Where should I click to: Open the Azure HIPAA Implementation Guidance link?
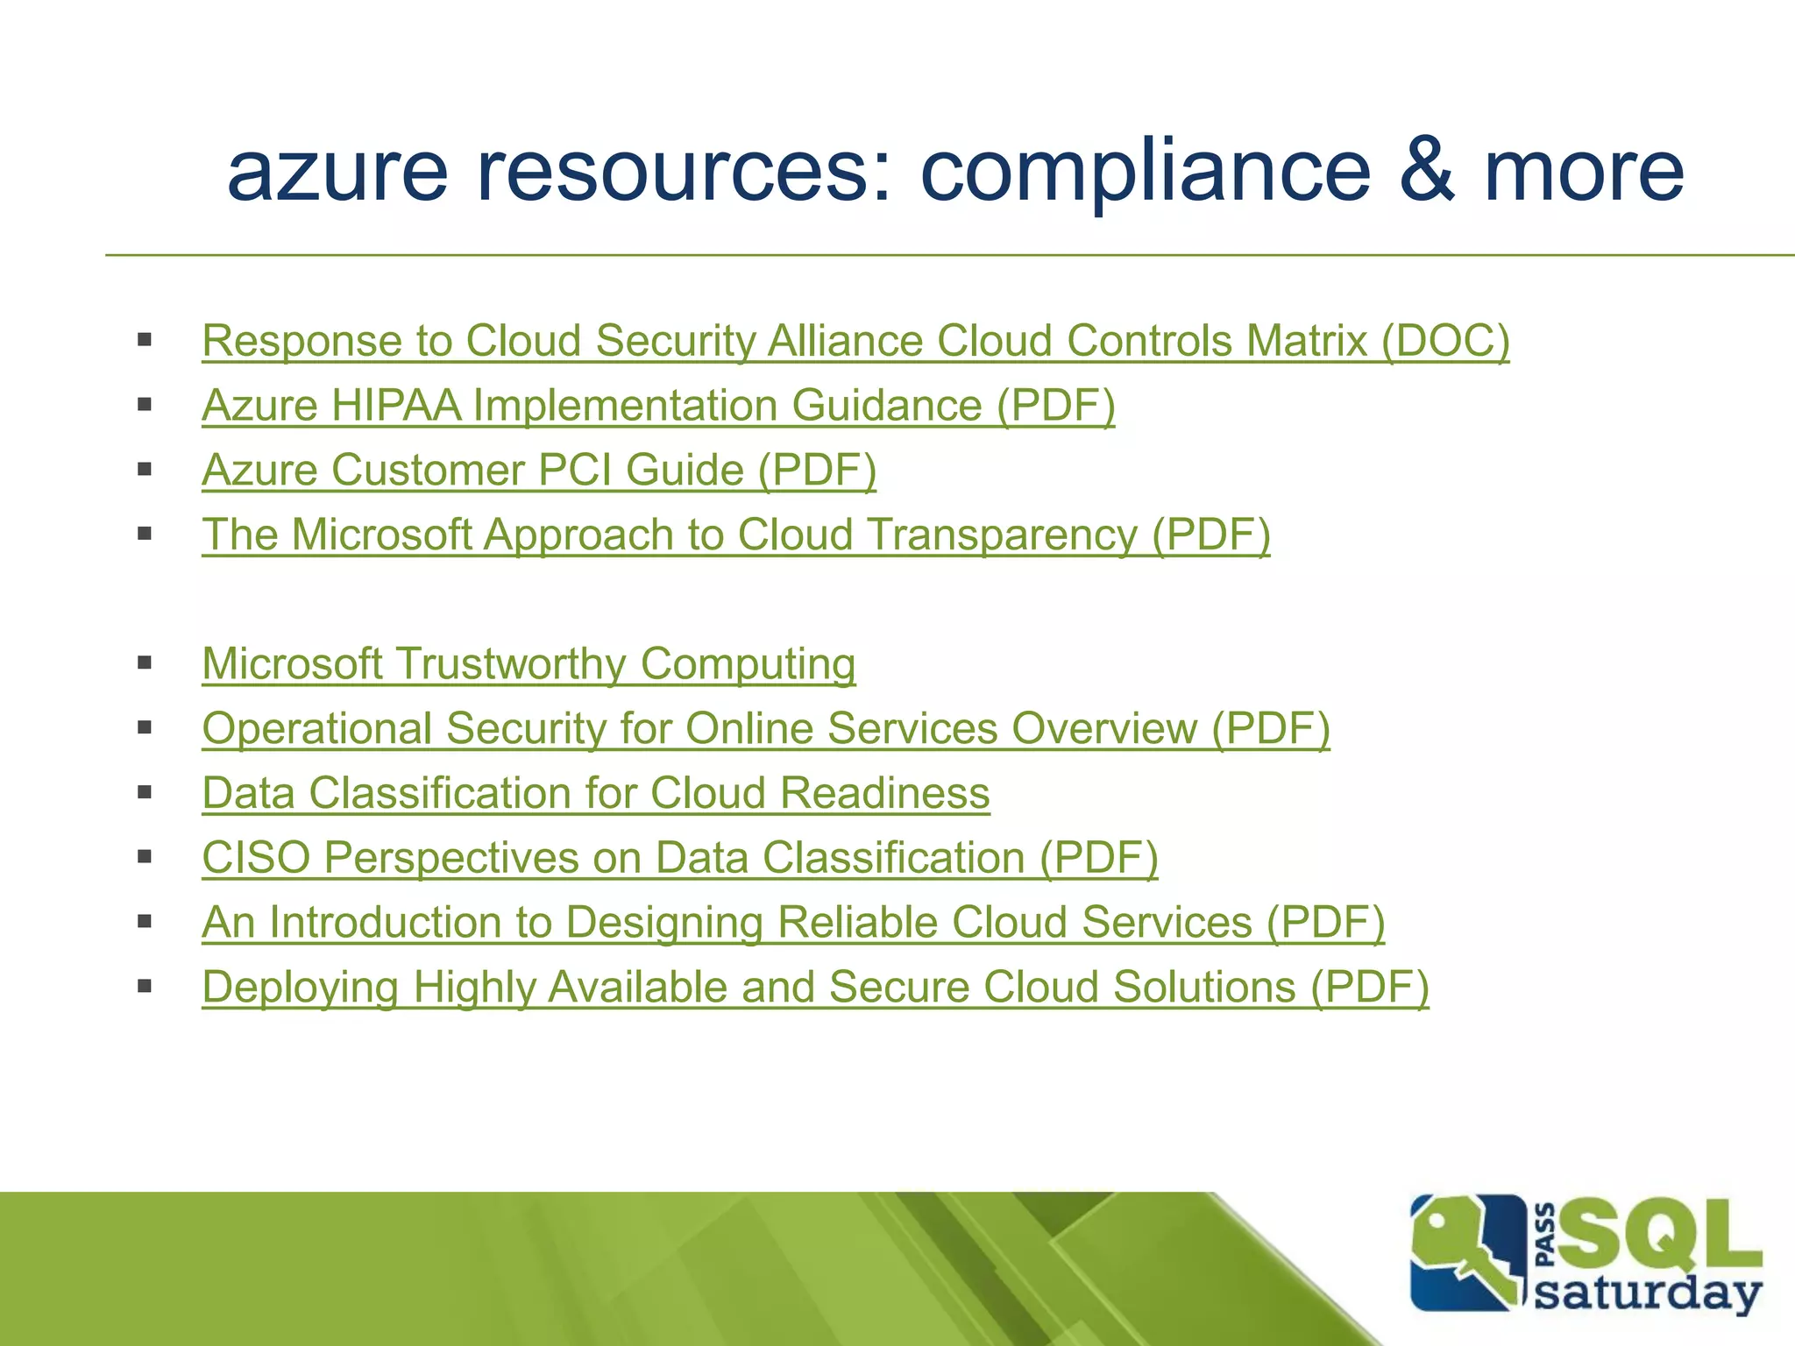pyautogui.click(x=658, y=405)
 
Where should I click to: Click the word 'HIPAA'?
pyautogui.click(x=396, y=405)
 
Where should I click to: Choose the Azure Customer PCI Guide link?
pyautogui.click(x=539, y=470)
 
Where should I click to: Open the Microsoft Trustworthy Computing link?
pyautogui.click(x=529, y=663)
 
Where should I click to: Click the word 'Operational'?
pyautogui.click(x=317, y=728)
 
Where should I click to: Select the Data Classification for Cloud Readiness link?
pyautogui.click(x=596, y=793)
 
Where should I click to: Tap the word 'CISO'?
pyautogui.click(x=256, y=858)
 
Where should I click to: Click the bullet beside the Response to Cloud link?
pyautogui.click(x=145, y=340)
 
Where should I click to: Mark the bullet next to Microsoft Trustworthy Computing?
pyautogui.click(x=145, y=663)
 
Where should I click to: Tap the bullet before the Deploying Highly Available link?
pyautogui.click(x=145, y=987)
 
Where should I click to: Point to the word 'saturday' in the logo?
pyautogui.click(x=1648, y=1293)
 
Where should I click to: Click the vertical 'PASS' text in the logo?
pyautogui.click(x=1546, y=1236)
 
